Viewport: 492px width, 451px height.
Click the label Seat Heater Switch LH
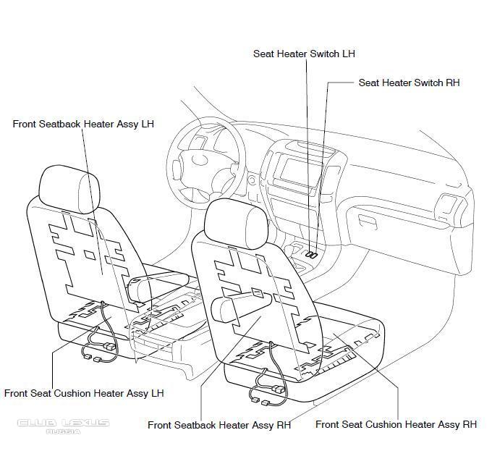(304, 54)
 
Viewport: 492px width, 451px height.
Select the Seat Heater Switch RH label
(409, 83)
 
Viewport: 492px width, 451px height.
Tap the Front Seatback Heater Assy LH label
(83, 125)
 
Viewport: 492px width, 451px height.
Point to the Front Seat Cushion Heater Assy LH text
(84, 394)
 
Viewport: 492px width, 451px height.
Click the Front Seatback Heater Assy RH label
(219, 426)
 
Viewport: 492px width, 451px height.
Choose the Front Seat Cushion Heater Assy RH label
(396, 425)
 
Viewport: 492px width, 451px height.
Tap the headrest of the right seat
(233, 220)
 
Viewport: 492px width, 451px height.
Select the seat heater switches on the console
(312, 255)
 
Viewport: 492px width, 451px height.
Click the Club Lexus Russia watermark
(63, 426)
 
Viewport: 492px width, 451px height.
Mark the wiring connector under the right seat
(267, 394)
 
